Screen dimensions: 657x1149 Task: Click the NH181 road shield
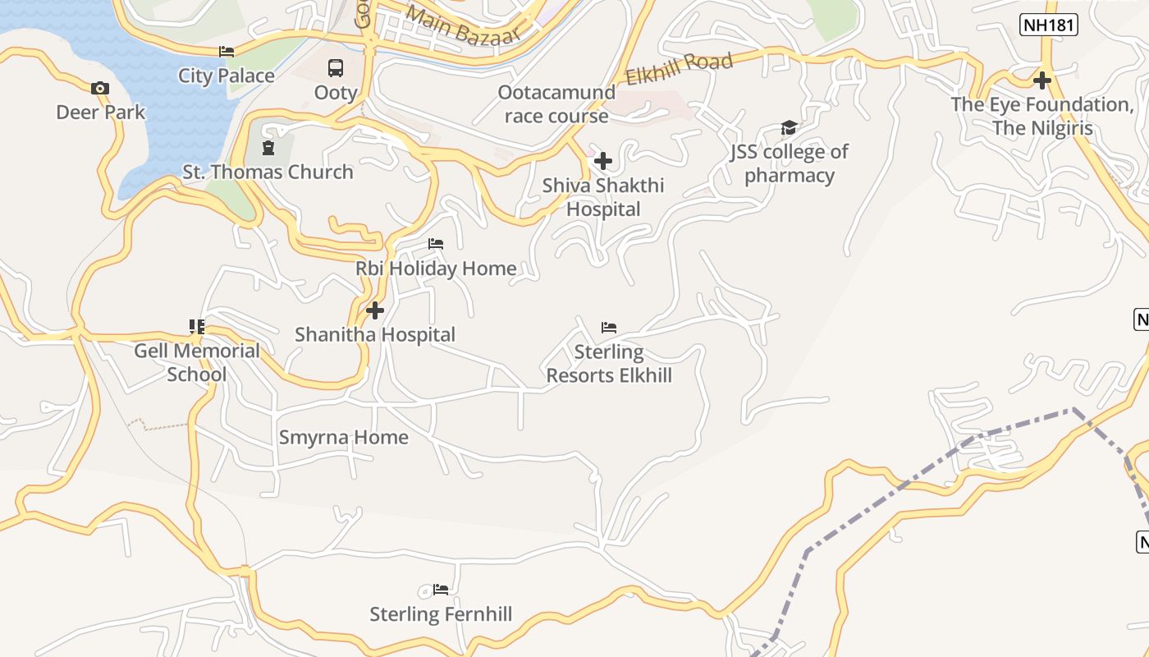(1049, 25)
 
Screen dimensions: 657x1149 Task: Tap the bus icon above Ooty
(336, 68)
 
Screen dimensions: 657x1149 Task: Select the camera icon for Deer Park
(100, 88)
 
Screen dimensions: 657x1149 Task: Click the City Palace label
(227, 76)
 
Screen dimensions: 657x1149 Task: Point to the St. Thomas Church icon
(268, 148)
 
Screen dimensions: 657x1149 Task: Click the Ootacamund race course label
(556, 103)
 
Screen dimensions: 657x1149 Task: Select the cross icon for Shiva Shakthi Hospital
(603, 160)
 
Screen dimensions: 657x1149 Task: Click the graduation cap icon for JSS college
(789, 127)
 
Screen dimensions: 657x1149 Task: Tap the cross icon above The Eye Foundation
(1042, 80)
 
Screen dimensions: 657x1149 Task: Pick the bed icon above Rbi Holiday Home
(436, 244)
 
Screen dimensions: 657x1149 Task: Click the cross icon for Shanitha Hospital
(375, 310)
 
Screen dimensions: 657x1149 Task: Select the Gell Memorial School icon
(197, 327)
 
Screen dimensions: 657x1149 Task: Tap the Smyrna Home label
(343, 437)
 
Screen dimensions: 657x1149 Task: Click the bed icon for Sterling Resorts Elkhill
(609, 327)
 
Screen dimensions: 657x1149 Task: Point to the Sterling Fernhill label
(441, 613)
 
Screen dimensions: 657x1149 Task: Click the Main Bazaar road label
(463, 25)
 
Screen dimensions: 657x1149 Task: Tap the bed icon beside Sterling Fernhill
(441, 589)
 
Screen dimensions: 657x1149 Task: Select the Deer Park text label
(100, 112)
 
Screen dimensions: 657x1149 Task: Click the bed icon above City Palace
(227, 51)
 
